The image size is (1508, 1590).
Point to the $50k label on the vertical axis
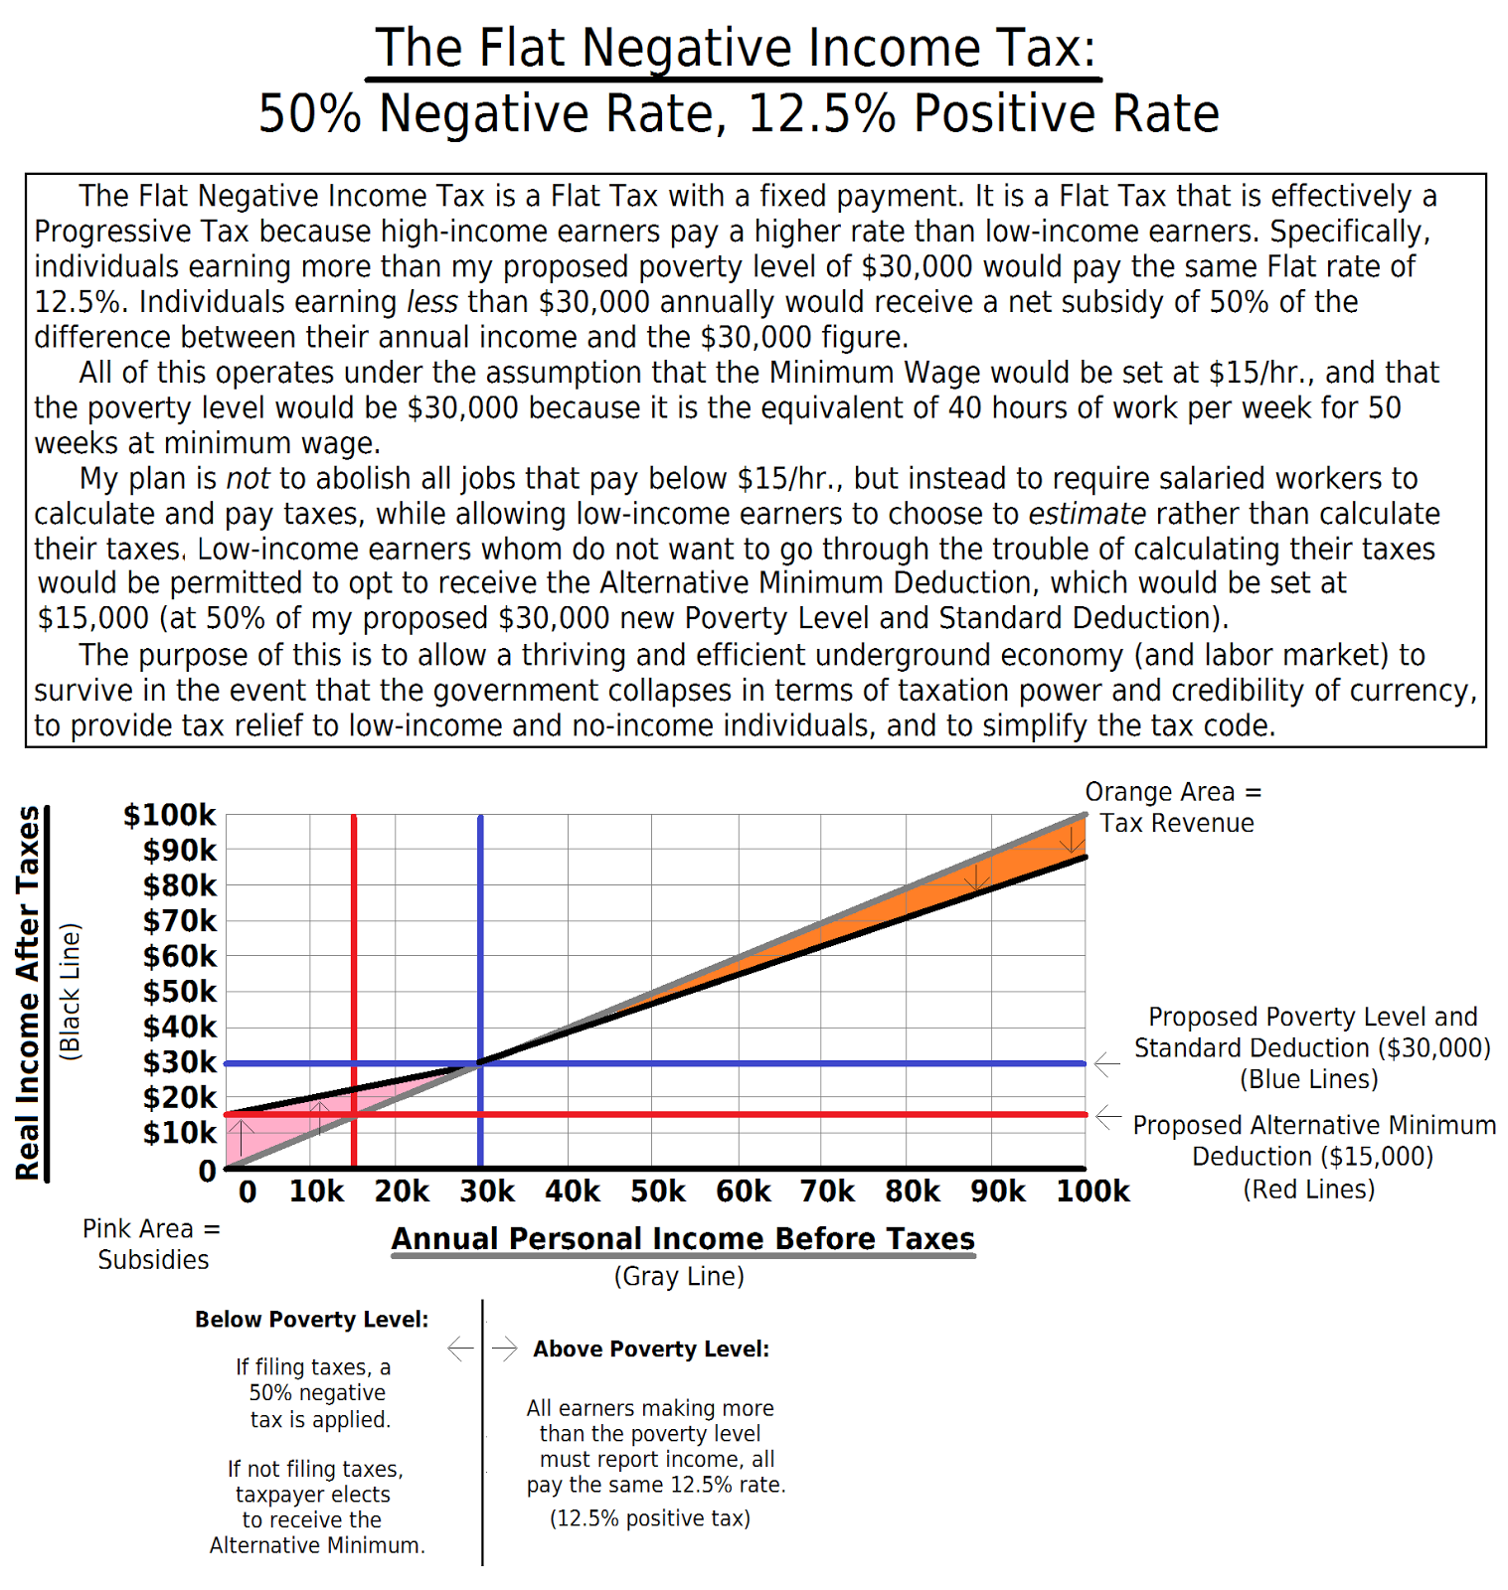click(x=179, y=992)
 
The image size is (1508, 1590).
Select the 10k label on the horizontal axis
click(x=316, y=1192)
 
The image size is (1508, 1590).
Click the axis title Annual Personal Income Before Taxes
click(x=683, y=1239)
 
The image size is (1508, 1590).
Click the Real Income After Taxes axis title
click(x=28, y=992)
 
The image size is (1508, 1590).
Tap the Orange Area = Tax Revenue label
click(x=1175, y=807)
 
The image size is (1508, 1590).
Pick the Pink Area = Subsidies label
click(x=152, y=1244)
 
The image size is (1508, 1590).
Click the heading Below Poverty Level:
click(x=311, y=1320)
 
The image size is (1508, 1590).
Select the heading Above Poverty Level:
click(x=651, y=1350)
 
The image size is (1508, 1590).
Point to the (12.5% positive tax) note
click(x=650, y=1518)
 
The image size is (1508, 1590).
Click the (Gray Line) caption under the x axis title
click(x=679, y=1276)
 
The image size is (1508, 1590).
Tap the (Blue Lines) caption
click(x=1309, y=1080)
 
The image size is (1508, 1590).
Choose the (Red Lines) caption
click(x=1309, y=1190)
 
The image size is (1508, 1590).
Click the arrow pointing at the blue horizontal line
click(x=1106, y=1063)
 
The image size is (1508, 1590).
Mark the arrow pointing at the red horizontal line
click(x=1108, y=1117)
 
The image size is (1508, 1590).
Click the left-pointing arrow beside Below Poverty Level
click(x=460, y=1349)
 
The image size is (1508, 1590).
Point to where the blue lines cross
click(x=480, y=1063)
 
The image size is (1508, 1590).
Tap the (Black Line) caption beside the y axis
click(x=70, y=992)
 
